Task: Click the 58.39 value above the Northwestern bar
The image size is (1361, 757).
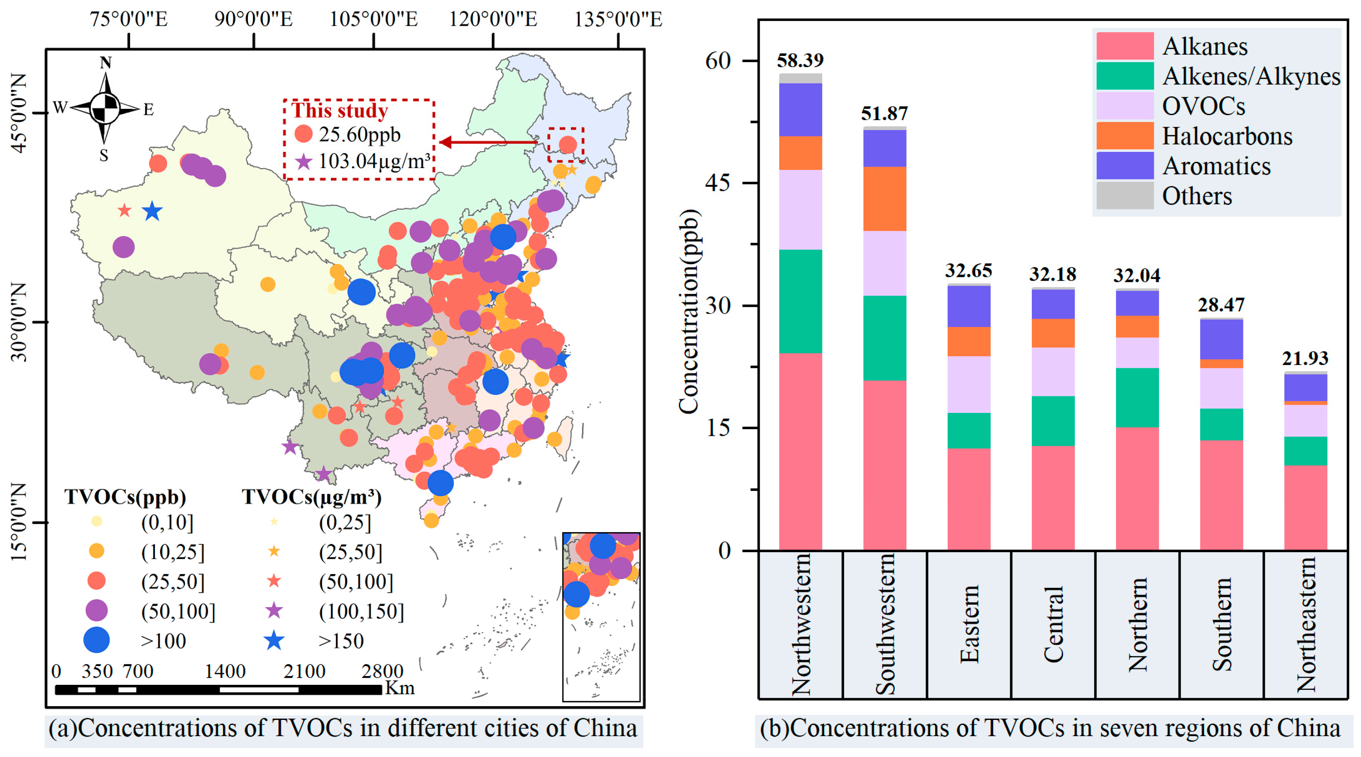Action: tap(800, 60)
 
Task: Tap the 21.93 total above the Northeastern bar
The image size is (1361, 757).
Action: tap(1305, 358)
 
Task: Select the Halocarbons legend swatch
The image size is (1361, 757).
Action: tap(1125, 136)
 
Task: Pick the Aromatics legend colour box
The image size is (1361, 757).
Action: tap(1125, 166)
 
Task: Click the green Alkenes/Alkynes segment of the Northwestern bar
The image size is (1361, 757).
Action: tap(801, 301)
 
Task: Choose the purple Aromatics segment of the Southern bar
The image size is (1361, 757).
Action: tap(1221, 340)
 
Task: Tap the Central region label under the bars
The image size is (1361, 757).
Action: tap(1053, 624)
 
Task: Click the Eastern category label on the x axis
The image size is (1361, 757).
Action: tap(969, 624)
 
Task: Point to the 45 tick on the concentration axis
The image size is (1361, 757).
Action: tap(718, 183)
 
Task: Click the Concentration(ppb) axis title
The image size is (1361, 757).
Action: tap(689, 312)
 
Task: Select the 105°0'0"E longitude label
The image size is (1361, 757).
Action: tap(373, 19)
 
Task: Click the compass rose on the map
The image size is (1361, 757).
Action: tap(105, 108)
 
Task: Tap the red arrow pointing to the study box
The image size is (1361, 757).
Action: tap(489, 142)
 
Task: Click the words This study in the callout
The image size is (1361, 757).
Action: tap(340, 110)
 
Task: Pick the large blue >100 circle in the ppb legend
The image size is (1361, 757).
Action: tap(96, 640)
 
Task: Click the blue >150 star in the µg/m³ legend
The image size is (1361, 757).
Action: tap(274, 641)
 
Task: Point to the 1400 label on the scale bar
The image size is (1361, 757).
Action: tap(225, 671)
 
